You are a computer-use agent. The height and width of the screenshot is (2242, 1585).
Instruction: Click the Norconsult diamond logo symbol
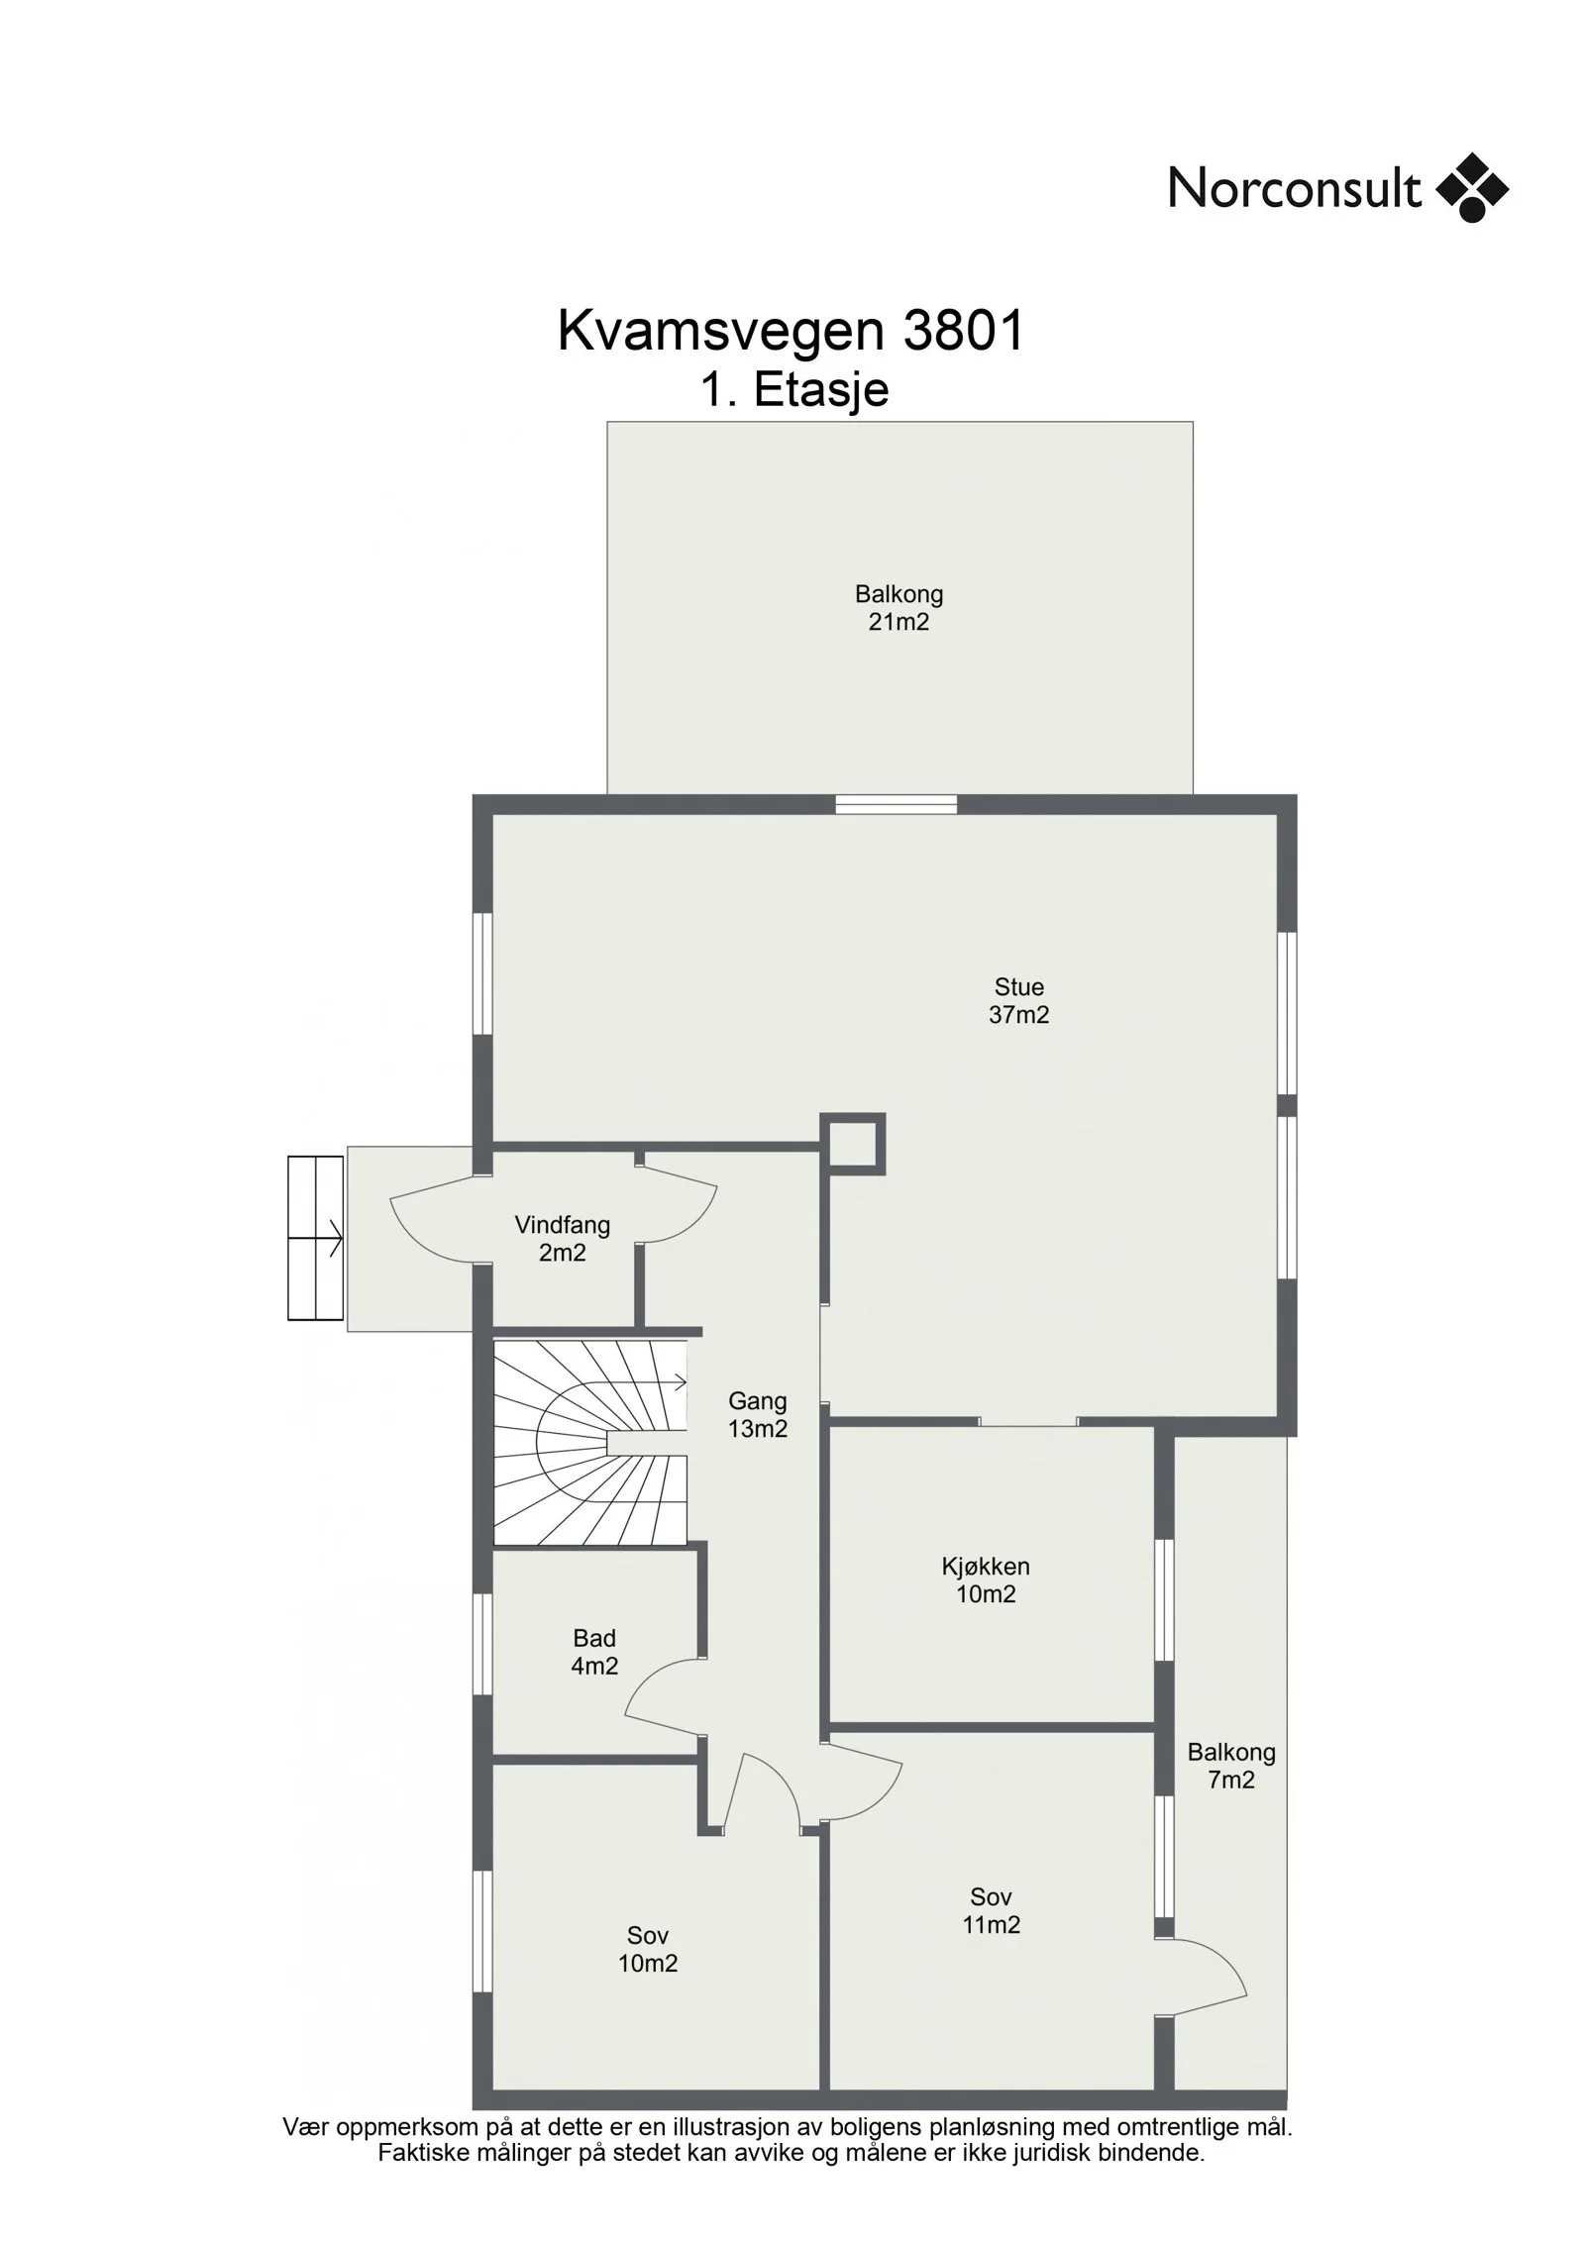pyautogui.click(x=1472, y=187)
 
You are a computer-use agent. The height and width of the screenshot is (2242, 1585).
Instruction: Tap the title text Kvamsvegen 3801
pyautogui.click(x=791, y=331)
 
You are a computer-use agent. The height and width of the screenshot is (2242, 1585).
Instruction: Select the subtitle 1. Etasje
pyautogui.click(x=794, y=389)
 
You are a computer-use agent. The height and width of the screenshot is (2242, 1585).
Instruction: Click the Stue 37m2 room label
pyautogui.click(x=1018, y=1000)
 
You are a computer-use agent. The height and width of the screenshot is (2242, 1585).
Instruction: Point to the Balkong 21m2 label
pyautogui.click(x=898, y=608)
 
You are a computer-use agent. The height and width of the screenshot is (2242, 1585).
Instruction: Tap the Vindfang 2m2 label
pyautogui.click(x=562, y=1239)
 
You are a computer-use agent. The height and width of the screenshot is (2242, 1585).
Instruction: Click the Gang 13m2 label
pyautogui.click(x=758, y=1414)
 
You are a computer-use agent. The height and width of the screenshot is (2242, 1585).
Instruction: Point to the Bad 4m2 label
pyautogui.click(x=594, y=1652)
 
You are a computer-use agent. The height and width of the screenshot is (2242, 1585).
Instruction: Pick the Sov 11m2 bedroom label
pyautogui.click(x=991, y=1910)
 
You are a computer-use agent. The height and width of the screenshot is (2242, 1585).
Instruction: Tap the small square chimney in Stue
pyautogui.click(x=853, y=1144)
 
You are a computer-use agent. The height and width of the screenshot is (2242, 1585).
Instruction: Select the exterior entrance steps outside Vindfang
pyautogui.click(x=315, y=1238)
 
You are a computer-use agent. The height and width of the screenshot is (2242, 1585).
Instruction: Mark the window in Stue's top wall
pyautogui.click(x=896, y=804)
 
